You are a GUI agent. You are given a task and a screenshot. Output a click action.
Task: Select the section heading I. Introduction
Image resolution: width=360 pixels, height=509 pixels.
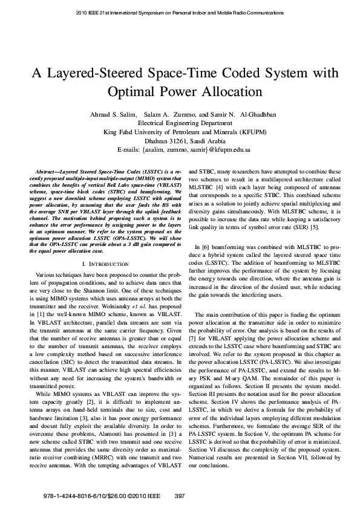pyautogui.click(x=102, y=264)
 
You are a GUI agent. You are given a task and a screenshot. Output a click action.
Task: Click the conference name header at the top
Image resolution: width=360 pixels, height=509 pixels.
pyautogui.click(x=180, y=12)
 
